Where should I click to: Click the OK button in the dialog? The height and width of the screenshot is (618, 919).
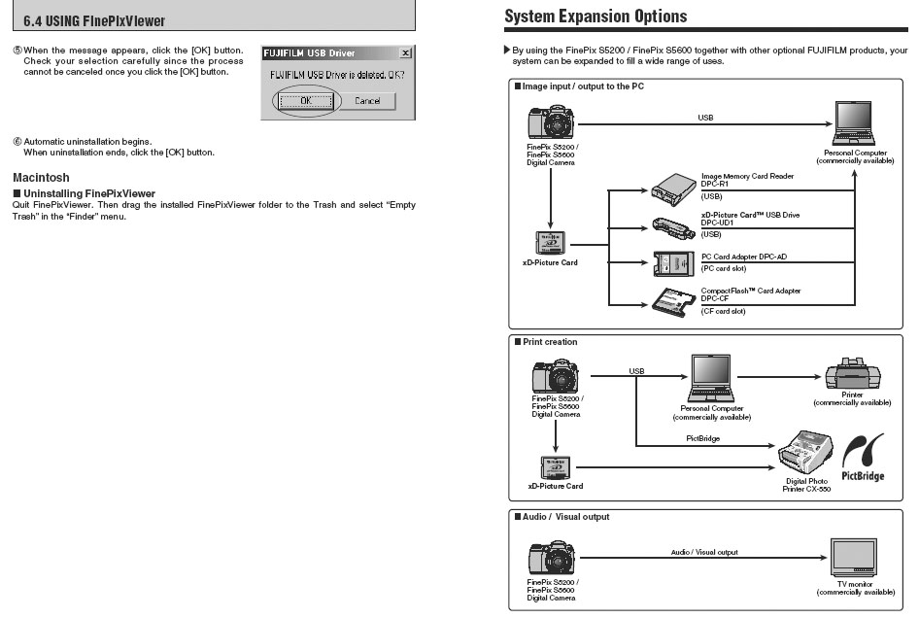coord(306,101)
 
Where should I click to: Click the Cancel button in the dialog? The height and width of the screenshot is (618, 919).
coord(367,101)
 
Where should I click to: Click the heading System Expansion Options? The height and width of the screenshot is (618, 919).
coord(596,16)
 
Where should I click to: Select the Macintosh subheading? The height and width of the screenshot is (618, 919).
coord(41,178)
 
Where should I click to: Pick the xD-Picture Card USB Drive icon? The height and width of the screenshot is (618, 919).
coord(672,224)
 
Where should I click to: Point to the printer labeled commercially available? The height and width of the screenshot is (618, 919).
coord(851,374)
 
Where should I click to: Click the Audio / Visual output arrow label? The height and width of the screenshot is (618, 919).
coord(703,552)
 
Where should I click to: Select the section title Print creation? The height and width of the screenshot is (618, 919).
coord(550,342)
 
